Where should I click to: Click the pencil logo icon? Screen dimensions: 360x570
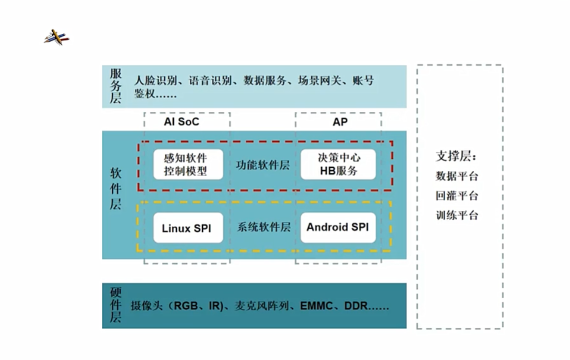(x=56, y=37)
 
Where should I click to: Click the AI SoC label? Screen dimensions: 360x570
(x=181, y=122)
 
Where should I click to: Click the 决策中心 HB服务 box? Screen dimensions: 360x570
(x=338, y=164)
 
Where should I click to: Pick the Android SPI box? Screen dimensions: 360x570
(x=338, y=227)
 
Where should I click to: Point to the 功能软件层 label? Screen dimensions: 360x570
(x=263, y=165)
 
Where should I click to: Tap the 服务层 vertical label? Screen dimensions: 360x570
(x=115, y=86)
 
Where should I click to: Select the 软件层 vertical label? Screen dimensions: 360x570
(x=115, y=189)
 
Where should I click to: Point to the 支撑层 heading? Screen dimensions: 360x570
(x=456, y=157)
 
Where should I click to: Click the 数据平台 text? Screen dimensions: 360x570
(x=457, y=176)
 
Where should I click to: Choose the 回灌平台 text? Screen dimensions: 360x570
(x=457, y=196)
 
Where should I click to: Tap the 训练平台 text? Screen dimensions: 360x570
(x=457, y=215)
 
